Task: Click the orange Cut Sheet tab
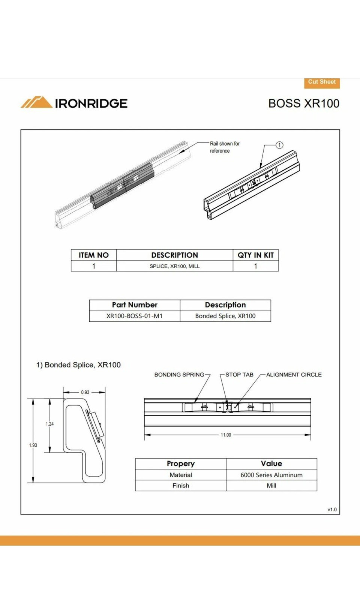tap(322, 82)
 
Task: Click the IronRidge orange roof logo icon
tap(36, 102)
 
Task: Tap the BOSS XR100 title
tap(304, 103)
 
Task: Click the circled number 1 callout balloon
tap(279, 145)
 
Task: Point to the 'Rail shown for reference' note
tap(224, 147)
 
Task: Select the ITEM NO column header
tap(94, 255)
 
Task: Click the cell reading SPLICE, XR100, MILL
tap(174, 266)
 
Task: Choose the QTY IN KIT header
tap(255, 255)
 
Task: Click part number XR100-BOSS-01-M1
tap(134, 316)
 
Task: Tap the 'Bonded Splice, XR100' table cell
tap(225, 316)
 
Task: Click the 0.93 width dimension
tap(85, 392)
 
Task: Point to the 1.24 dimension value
tap(49, 424)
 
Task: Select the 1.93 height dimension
tap(33, 445)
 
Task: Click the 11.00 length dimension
tap(226, 435)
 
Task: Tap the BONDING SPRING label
tap(179, 375)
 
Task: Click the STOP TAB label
tap(239, 375)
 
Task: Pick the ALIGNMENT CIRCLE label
tap(294, 375)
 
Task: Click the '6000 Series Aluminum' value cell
tap(271, 475)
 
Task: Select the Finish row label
tap(181, 486)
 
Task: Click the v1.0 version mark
tap(332, 510)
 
